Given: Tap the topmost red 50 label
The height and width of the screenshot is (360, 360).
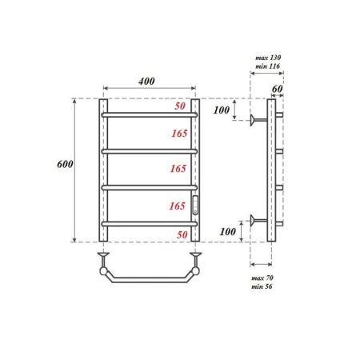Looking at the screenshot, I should tap(181, 106).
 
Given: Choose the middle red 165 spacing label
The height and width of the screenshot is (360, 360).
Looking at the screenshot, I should tap(178, 170).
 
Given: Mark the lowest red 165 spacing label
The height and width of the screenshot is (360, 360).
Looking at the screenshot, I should tap(178, 206).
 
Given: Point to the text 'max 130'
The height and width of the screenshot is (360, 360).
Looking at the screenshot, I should tap(268, 58).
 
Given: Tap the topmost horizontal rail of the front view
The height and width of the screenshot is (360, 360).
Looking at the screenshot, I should tap(150, 115).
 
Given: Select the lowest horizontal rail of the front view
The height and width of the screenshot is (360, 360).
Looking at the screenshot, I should tap(150, 222).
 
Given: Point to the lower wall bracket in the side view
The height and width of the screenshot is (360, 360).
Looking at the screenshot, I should tap(258, 220).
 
